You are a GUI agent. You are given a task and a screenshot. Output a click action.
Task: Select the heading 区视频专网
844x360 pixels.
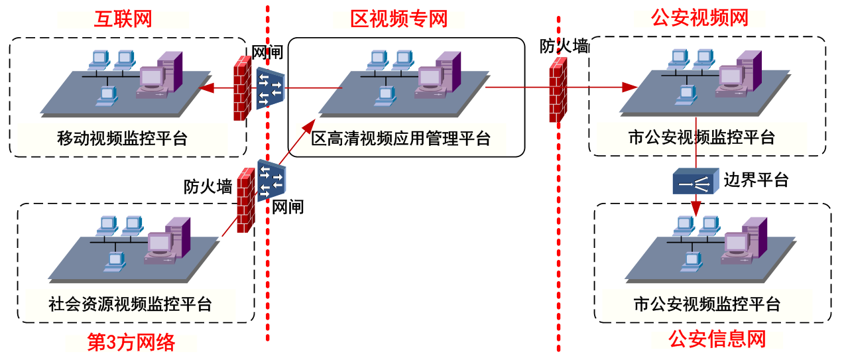[x=398, y=18]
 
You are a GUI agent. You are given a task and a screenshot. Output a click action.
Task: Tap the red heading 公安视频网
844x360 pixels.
[x=699, y=18]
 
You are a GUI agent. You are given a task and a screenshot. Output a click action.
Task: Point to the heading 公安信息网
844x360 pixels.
[x=717, y=339]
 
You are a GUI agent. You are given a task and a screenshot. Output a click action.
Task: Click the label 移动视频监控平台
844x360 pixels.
[x=122, y=139]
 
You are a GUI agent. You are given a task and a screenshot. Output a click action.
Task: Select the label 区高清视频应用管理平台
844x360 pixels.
[x=401, y=139]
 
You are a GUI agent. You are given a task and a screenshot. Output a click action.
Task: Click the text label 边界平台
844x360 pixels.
[x=756, y=179]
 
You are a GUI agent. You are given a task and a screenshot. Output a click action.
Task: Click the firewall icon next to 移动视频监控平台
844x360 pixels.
[x=241, y=88]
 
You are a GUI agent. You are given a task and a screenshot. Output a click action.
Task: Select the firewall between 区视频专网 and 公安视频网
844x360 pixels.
[x=558, y=89]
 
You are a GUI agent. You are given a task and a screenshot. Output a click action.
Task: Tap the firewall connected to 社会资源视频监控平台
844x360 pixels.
[x=246, y=199]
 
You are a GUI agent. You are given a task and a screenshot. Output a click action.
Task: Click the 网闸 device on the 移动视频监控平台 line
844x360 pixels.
[x=270, y=88]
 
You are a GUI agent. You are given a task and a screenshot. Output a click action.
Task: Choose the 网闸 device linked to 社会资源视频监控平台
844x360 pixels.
[x=271, y=180]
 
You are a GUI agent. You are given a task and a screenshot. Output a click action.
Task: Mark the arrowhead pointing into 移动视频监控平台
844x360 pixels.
[x=206, y=88]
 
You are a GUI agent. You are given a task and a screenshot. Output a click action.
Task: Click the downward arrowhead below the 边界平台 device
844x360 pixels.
[x=695, y=208]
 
